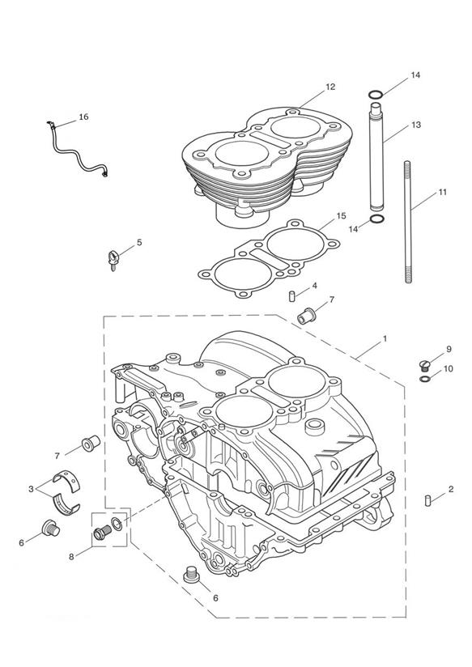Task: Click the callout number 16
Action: point(83,117)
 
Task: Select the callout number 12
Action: point(330,87)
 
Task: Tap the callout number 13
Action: point(416,125)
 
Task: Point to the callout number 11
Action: point(443,192)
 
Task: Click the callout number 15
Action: point(341,216)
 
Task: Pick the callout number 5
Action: point(139,243)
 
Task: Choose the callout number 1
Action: point(385,338)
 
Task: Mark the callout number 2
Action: point(451,489)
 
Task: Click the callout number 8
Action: point(71,556)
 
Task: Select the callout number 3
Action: point(31,489)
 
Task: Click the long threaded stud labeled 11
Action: point(408,222)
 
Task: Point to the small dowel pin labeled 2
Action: point(428,500)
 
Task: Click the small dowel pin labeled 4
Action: point(292,296)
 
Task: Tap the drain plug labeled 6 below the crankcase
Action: point(192,575)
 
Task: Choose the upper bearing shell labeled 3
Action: point(68,480)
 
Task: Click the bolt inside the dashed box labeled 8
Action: point(102,532)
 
